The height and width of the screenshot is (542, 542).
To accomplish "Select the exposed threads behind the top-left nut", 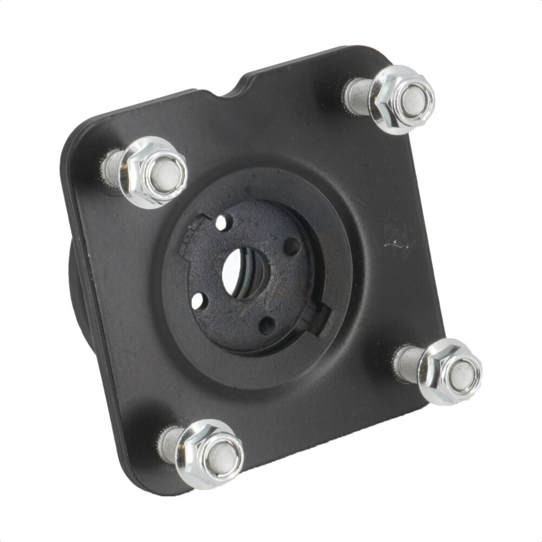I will tap(111, 165).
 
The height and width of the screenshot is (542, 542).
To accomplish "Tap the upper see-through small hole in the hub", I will tap(221, 222).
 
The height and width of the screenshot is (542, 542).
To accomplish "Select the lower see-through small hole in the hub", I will tap(198, 300).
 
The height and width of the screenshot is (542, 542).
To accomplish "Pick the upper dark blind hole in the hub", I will tap(292, 247).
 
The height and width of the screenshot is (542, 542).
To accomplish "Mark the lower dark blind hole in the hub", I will tap(267, 325).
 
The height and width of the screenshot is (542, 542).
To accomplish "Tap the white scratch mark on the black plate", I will tap(396, 244).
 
